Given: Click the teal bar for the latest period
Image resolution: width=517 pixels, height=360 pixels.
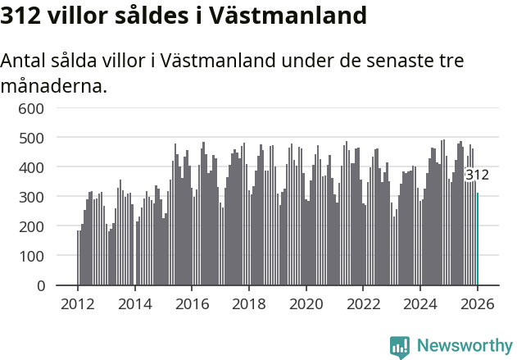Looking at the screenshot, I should point(478,239).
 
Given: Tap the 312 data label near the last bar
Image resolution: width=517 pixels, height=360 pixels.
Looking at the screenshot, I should point(477,175).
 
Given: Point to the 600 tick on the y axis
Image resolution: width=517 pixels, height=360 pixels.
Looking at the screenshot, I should point(31,108).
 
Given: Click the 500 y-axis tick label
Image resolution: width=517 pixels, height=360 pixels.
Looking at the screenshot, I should point(31,138).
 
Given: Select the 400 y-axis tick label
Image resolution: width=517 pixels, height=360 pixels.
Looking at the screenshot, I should point(31,167).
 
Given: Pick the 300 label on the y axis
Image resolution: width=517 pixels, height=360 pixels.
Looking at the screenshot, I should point(31,197).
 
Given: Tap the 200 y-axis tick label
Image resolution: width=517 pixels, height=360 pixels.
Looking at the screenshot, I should point(31,226).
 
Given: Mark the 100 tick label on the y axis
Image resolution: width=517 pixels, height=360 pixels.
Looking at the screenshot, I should point(31,256).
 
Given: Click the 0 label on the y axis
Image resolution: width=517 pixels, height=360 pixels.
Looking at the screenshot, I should point(39,285).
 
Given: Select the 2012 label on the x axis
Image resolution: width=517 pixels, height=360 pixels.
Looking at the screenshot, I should point(78,304).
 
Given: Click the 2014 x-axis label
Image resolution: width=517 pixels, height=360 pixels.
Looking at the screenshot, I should point(135,304).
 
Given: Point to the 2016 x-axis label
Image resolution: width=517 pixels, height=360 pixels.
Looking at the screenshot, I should point(193,304).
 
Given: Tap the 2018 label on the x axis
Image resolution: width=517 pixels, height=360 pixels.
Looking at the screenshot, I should point(249,304).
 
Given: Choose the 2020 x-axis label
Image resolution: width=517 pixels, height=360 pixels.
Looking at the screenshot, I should point(306,304).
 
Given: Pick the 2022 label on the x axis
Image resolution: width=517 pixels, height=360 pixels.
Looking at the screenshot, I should point(364,304).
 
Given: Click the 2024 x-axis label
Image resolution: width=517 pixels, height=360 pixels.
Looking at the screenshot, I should point(421,304).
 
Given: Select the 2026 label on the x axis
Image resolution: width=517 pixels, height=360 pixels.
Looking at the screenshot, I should point(478,304).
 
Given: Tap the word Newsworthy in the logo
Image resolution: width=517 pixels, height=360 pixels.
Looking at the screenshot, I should point(465,346).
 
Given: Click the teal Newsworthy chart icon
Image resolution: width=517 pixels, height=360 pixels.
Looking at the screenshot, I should point(400,347).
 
